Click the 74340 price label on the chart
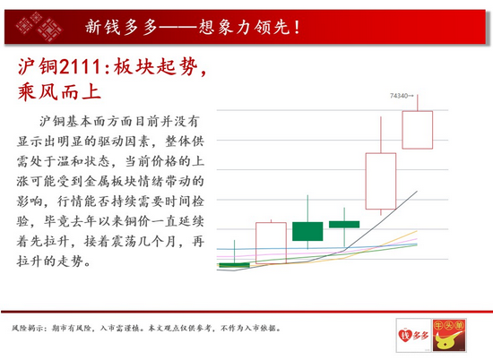[x=399, y=96]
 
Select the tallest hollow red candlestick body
[x=381, y=181]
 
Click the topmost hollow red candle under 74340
[x=418, y=130]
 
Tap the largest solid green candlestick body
[x=307, y=232]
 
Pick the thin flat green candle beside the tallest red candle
[x=344, y=224]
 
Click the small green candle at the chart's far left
[x=234, y=265]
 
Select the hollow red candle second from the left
[x=271, y=243]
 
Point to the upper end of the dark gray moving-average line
[x=417, y=191]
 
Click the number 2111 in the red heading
[x=80, y=67]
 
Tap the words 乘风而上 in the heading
[x=59, y=92]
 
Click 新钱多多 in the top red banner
[x=121, y=27]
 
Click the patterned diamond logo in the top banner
[x=39, y=27]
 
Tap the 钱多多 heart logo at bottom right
[x=413, y=335]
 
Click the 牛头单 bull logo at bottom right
[x=449, y=335]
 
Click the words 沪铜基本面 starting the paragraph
[x=73, y=121]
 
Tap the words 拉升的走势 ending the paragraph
[x=50, y=261]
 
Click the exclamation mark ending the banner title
[x=297, y=28]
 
